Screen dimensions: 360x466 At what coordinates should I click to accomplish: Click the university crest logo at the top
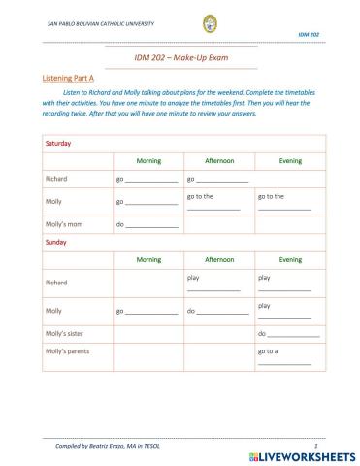tap(181, 23)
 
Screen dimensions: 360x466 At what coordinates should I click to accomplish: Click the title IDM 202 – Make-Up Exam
tap(180, 59)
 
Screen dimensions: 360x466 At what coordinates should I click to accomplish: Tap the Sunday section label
tap(57, 243)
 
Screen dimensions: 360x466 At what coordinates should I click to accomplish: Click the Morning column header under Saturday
tap(148, 160)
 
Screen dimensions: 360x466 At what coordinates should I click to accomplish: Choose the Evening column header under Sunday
tap(290, 260)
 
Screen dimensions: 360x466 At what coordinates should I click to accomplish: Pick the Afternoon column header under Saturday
tap(219, 160)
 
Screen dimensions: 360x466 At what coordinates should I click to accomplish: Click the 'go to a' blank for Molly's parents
tap(284, 362)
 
